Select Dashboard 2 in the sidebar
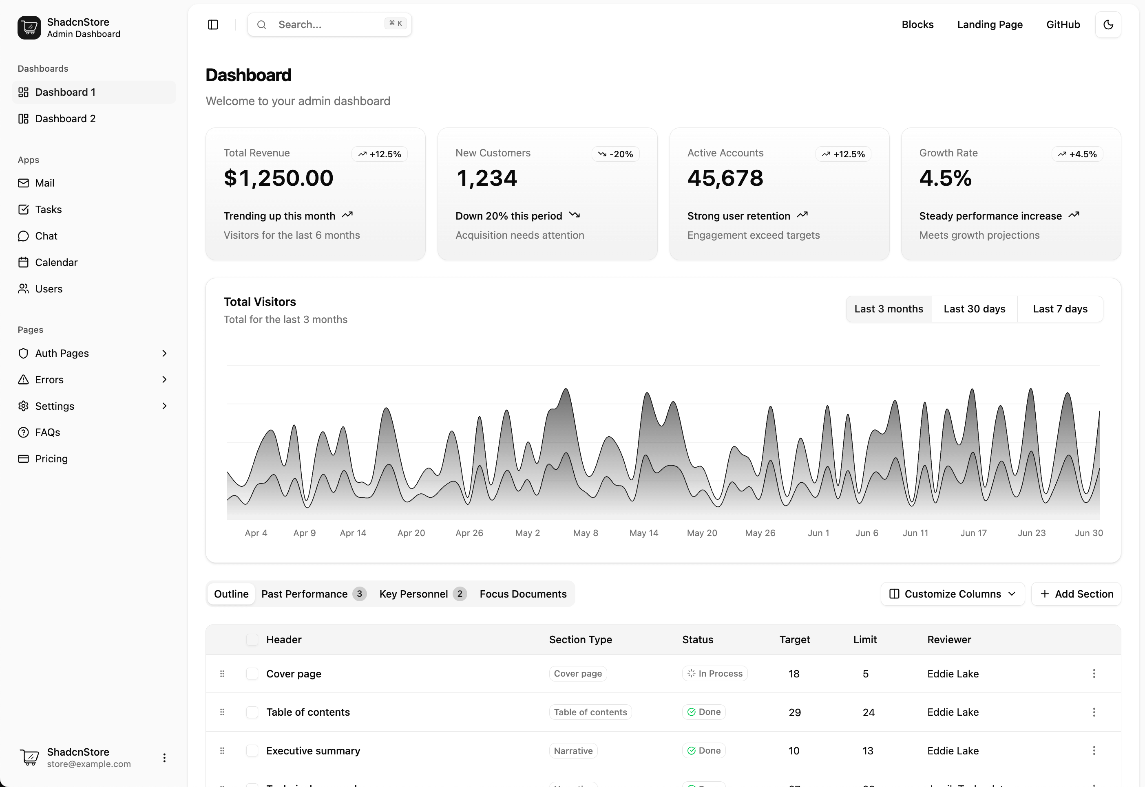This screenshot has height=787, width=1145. (x=65, y=119)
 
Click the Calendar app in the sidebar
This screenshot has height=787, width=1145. (x=56, y=262)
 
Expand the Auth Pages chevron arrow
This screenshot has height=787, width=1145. (x=164, y=353)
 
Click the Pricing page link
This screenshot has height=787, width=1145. (x=51, y=459)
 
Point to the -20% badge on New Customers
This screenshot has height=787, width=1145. (x=615, y=154)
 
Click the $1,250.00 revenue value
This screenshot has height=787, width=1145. (x=279, y=178)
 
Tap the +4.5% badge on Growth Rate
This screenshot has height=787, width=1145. (x=1077, y=154)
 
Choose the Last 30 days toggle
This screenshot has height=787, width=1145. (x=974, y=309)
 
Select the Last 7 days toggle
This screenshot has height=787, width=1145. (x=1060, y=309)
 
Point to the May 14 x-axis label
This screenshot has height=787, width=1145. (x=643, y=533)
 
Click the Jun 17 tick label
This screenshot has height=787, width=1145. (x=973, y=533)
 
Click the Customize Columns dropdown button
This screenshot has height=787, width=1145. (x=952, y=594)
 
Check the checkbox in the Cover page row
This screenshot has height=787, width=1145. (x=252, y=674)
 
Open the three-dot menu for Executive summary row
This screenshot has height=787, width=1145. (x=1093, y=750)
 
